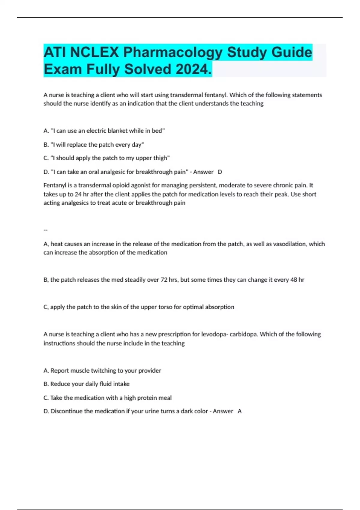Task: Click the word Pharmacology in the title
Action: tap(173, 52)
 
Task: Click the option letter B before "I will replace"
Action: tap(46, 145)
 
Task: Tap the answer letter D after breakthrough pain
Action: tap(220, 172)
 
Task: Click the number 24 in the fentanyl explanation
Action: tap(78, 194)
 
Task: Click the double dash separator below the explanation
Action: tap(46, 230)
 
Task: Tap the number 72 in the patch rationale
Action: tap(164, 280)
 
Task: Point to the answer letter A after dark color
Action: tap(240, 411)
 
